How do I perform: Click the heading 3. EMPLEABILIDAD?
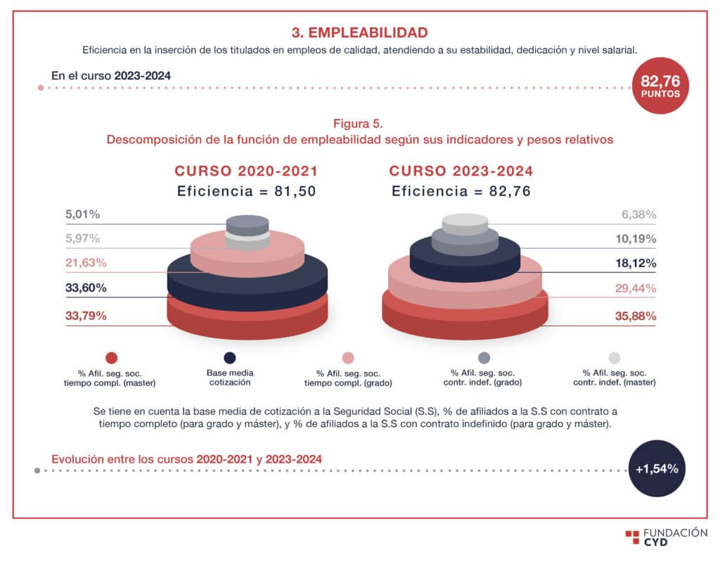359,32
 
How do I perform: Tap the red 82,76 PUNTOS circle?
660,86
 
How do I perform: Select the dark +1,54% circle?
657,469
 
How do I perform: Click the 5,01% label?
82,214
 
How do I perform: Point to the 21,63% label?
86,263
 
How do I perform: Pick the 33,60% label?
86,288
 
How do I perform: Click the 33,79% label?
86,316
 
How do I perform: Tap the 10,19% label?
636,238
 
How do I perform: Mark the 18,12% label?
636,263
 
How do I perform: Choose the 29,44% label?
636,288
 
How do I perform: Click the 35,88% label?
636,316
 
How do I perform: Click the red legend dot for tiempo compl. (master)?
111,358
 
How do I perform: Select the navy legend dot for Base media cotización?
229,358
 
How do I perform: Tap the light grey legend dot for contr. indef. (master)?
614,358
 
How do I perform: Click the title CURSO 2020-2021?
246,171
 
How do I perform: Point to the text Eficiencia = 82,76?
461,191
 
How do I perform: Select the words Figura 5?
359,124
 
